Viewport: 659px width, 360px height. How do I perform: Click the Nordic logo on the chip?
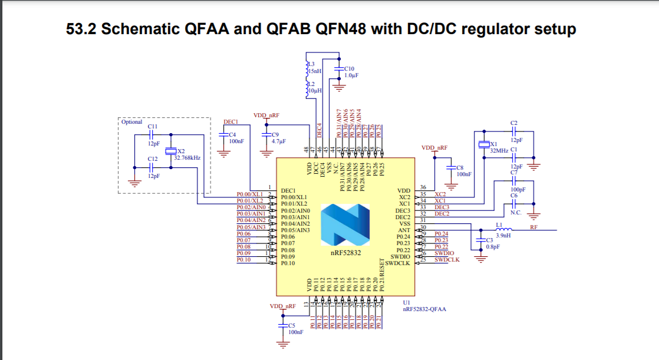point(345,225)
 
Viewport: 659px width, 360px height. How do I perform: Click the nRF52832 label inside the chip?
point(345,252)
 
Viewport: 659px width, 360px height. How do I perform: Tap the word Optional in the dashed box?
point(132,122)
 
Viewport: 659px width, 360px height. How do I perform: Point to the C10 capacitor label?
point(349,68)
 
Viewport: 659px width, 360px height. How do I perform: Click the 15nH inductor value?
point(315,71)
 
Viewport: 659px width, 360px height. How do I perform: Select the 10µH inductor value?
point(316,91)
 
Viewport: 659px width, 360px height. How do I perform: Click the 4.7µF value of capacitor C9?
point(279,141)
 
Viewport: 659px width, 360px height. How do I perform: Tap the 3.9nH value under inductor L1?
point(503,236)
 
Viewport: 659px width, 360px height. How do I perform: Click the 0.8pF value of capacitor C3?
point(493,247)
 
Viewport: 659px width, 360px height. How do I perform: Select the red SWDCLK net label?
point(447,260)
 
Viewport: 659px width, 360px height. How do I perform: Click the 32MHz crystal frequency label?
point(498,150)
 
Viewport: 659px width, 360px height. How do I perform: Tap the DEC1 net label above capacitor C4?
point(230,122)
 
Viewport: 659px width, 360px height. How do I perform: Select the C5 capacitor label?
point(291,326)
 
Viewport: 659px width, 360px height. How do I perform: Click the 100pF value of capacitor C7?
point(518,190)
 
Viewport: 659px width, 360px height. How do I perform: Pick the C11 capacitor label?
point(152,127)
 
